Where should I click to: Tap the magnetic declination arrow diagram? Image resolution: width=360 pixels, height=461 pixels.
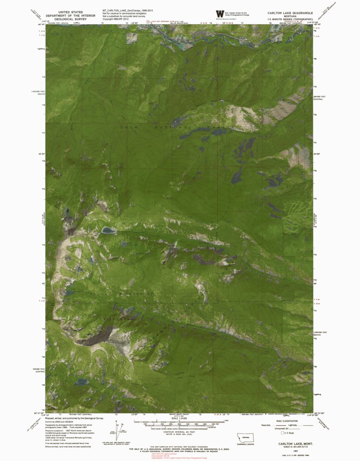pyautogui.click(x=121, y=429)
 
